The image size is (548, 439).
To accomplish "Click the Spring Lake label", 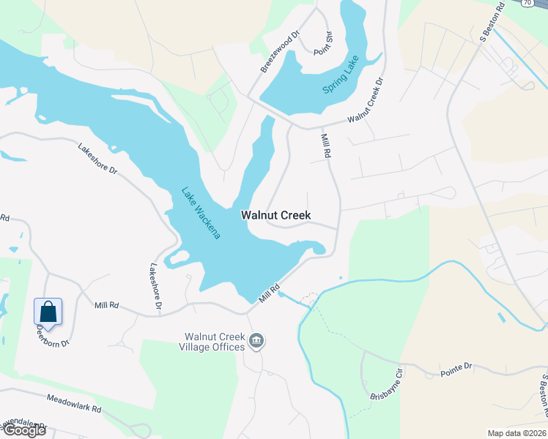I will tap(342, 79).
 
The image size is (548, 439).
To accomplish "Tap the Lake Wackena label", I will tap(201, 213).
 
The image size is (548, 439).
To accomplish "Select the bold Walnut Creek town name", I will tap(276, 216).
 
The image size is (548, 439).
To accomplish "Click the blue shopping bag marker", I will tap(48, 312).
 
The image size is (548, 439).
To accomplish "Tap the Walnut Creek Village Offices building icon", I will tap(257, 340).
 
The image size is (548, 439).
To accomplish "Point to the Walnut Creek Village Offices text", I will tap(213, 342).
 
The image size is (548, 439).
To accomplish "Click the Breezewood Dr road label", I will tap(281, 51).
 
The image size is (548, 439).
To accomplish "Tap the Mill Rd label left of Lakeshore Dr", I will tap(106, 304).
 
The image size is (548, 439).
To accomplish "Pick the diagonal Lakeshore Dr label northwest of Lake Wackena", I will tap(97, 158).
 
